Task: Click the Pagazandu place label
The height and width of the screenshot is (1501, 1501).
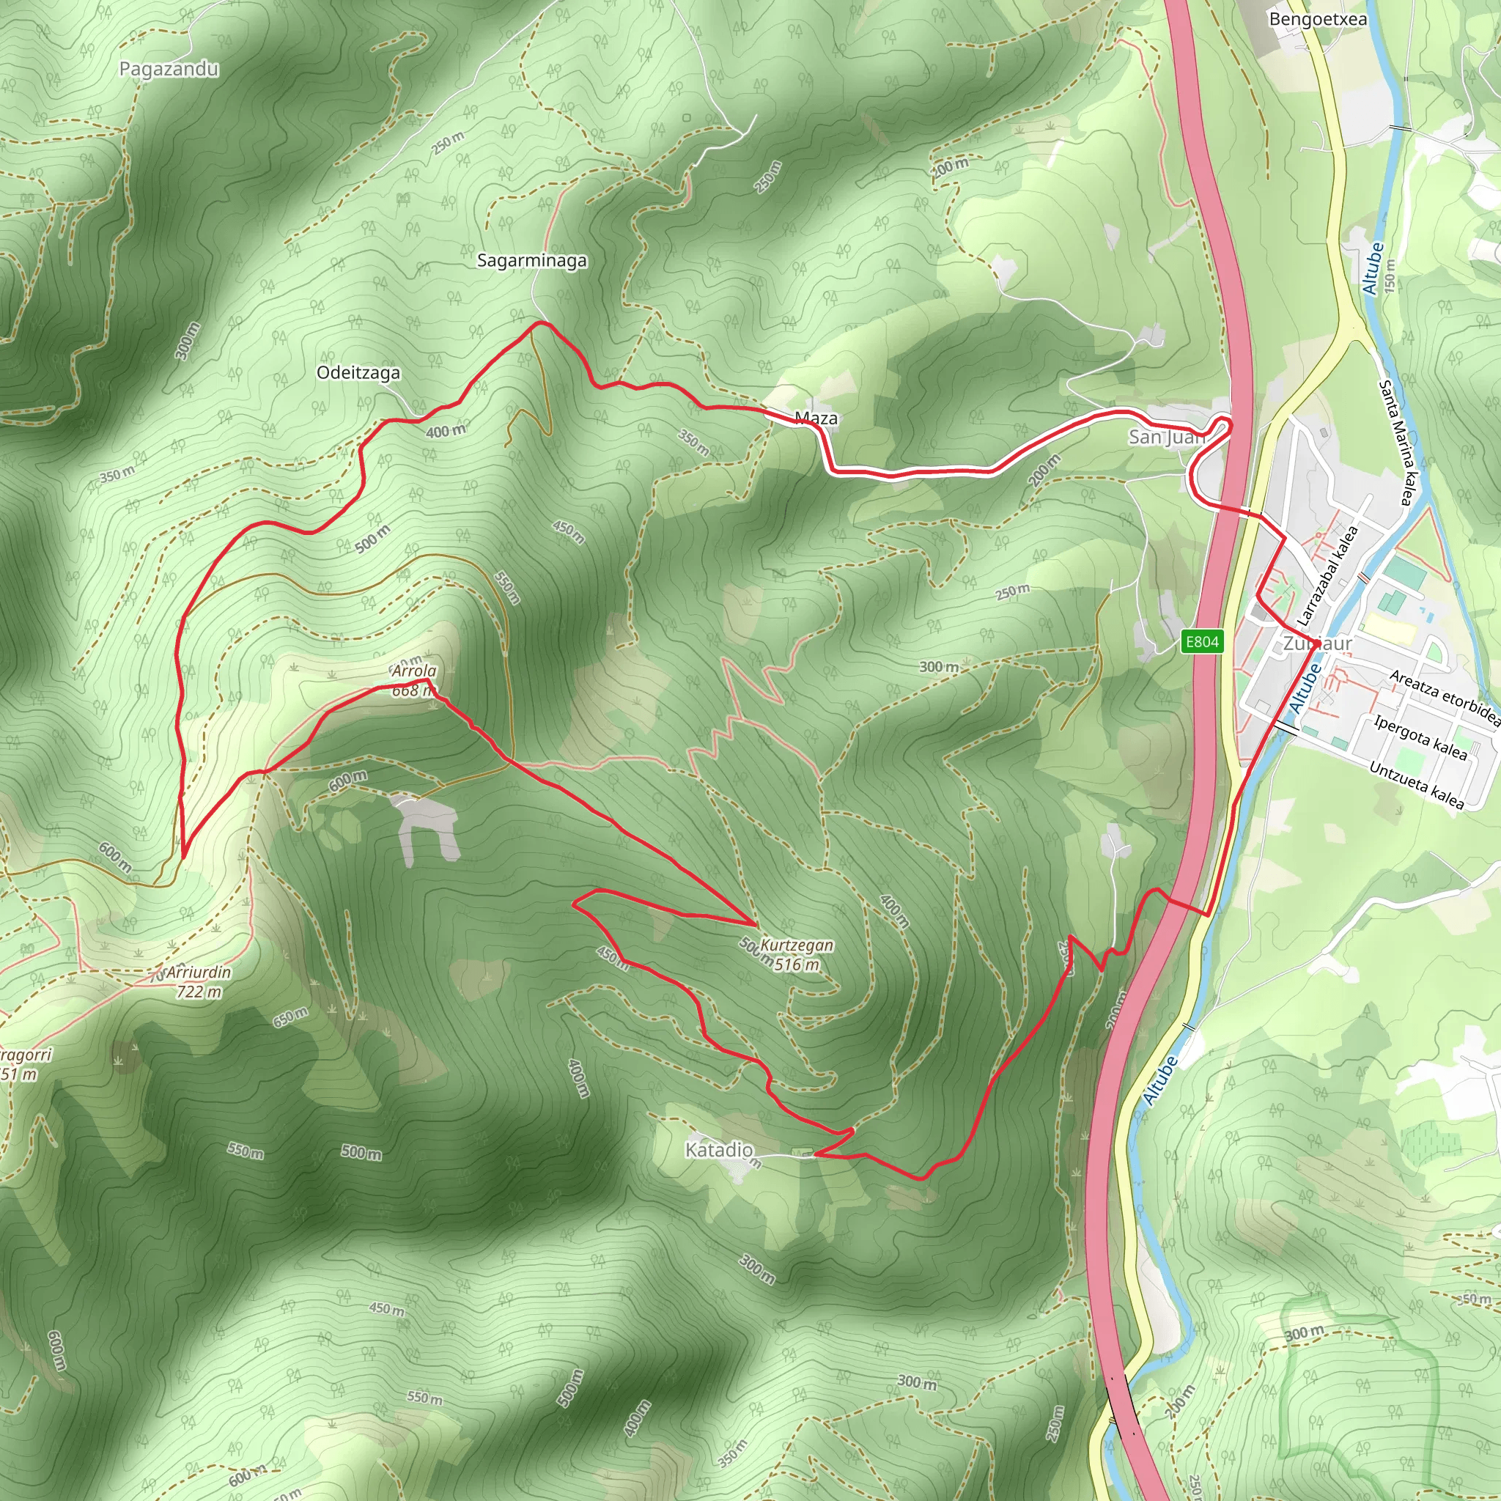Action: click(x=169, y=69)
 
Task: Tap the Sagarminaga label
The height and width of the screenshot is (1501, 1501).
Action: click(x=531, y=260)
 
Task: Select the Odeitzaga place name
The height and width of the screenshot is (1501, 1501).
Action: click(x=358, y=372)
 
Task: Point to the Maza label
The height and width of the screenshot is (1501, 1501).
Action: click(x=816, y=418)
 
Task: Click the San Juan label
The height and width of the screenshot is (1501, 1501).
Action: click(x=1166, y=437)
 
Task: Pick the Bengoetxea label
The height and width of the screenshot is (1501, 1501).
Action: click(x=1318, y=18)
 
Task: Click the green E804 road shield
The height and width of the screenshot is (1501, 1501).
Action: click(x=1202, y=642)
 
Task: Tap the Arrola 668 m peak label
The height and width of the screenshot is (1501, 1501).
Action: click(x=413, y=681)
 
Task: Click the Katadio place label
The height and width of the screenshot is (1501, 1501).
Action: click(x=719, y=1149)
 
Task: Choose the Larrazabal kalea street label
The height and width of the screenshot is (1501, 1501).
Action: click(x=1329, y=575)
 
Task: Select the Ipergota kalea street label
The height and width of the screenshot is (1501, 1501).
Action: click(x=1420, y=737)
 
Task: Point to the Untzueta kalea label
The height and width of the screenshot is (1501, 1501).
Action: click(x=1416, y=785)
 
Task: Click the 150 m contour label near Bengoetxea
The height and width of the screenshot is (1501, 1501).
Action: click(x=1390, y=275)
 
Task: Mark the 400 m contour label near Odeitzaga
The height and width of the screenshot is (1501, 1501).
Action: click(x=446, y=430)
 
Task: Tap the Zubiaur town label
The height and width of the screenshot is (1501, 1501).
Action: click(x=1317, y=643)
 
